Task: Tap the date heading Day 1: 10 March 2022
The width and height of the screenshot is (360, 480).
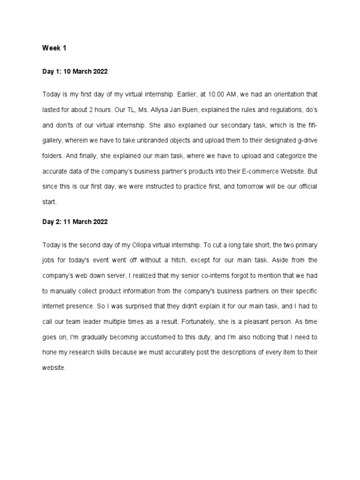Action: [x=75, y=71]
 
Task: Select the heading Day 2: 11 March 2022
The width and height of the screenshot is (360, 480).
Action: [x=75, y=222]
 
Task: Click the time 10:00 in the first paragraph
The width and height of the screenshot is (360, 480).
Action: [x=214, y=94]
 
